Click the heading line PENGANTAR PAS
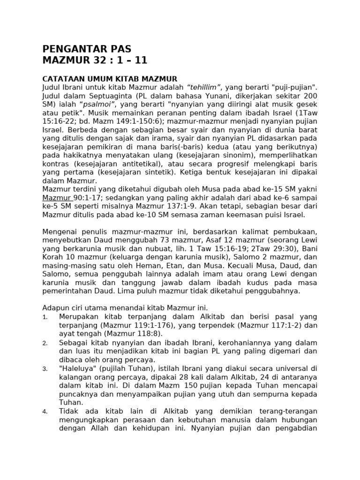[x=87, y=49]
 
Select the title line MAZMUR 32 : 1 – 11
[x=95, y=60]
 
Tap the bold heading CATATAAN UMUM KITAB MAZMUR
[x=110, y=79]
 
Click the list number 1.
[x=45, y=317]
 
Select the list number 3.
[x=45, y=369]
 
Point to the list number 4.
[x=45, y=412]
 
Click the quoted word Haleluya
[x=77, y=368]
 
